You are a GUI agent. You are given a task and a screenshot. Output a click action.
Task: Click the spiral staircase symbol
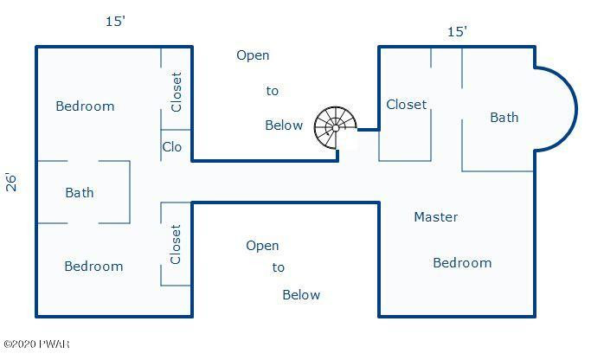(335, 128)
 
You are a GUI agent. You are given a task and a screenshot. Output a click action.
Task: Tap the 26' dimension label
(11, 183)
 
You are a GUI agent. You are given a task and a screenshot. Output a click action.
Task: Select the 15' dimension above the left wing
(115, 21)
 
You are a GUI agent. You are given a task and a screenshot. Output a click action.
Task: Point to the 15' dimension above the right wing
(457, 32)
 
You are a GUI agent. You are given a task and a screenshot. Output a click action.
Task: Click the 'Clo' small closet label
(172, 146)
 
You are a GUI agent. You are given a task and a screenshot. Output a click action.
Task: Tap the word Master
(436, 216)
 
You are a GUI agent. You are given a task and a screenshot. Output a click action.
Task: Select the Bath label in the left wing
(79, 193)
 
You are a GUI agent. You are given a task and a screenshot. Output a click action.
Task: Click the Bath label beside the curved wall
(504, 117)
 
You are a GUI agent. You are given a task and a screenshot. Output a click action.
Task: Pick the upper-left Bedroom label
(85, 106)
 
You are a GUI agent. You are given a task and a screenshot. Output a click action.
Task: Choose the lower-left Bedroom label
(93, 267)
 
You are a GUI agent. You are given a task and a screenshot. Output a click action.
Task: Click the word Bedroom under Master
(462, 263)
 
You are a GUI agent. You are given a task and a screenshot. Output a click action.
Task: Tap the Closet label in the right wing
(407, 105)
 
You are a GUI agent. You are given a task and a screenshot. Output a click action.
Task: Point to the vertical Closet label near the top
(176, 92)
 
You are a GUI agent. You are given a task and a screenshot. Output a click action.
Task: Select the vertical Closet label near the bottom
(176, 244)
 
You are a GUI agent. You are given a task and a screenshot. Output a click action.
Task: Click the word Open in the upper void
(253, 55)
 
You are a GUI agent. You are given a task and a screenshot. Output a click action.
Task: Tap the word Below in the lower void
(301, 295)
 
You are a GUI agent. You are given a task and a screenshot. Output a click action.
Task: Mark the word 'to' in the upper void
(272, 91)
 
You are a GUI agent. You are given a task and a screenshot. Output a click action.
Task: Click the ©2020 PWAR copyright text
(36, 344)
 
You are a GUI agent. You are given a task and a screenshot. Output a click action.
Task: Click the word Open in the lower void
(262, 246)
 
